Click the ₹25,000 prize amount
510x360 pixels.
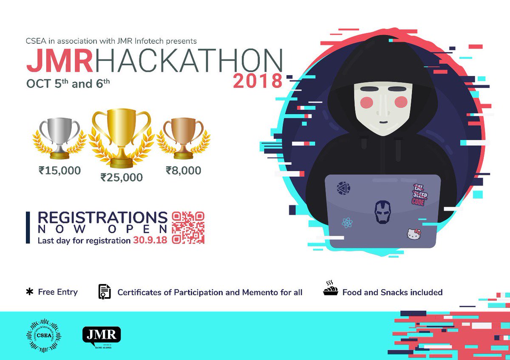click(x=122, y=177)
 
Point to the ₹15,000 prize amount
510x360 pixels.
click(x=59, y=171)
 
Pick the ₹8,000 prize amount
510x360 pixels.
click(x=184, y=171)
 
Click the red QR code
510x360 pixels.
click(x=188, y=228)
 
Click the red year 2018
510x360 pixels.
click(x=258, y=81)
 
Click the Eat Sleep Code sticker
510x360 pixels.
click(x=419, y=195)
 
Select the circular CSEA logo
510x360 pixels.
click(x=43, y=335)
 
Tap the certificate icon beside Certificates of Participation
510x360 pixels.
click(x=104, y=292)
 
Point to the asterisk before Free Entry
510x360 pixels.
click(x=30, y=292)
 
